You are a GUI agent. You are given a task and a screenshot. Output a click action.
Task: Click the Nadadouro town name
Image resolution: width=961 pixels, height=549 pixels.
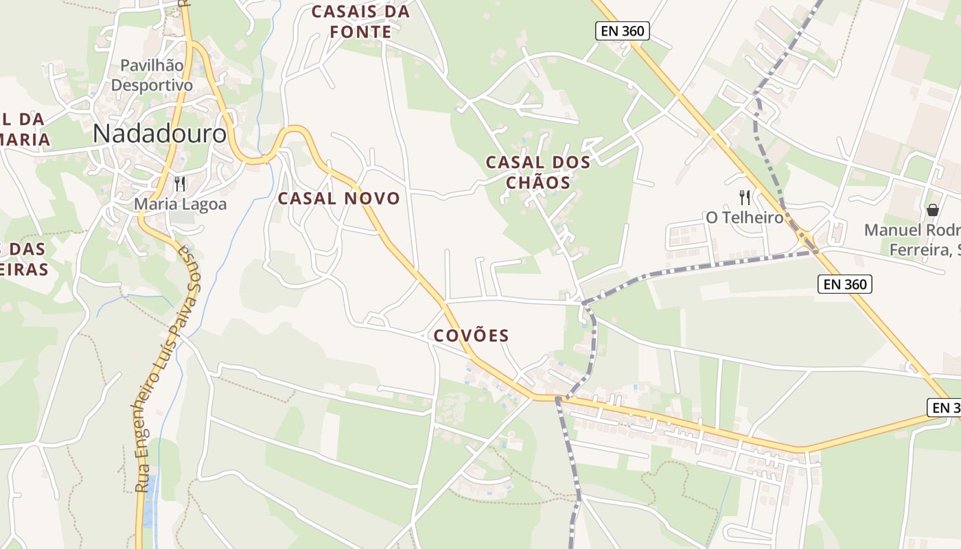point(159,133)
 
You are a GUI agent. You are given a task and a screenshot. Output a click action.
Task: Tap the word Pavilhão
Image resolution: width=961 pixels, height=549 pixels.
point(152,66)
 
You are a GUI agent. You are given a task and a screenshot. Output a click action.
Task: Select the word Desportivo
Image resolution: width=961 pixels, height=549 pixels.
point(152,85)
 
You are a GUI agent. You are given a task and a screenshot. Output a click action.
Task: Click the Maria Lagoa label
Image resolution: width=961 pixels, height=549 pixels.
point(180,204)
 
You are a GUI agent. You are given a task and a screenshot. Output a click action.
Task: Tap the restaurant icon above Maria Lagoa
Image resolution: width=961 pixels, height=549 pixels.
point(180,183)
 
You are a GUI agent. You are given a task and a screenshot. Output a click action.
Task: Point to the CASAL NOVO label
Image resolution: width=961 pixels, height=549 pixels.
point(338,199)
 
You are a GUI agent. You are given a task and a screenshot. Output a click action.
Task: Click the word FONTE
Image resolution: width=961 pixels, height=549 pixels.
point(360,32)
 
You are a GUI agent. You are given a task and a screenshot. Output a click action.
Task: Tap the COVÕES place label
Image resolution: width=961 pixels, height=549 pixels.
point(472,336)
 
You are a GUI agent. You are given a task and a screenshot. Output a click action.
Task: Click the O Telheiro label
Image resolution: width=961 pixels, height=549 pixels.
point(745,218)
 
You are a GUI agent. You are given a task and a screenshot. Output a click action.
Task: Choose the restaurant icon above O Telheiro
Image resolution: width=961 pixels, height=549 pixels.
point(745,198)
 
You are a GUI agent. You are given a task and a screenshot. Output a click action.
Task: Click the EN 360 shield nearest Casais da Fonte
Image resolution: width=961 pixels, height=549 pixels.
point(622,31)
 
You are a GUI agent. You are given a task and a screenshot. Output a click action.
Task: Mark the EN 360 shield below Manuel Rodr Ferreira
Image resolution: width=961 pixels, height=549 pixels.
point(845,284)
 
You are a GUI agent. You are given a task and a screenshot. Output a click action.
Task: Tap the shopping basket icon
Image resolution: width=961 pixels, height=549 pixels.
point(932,209)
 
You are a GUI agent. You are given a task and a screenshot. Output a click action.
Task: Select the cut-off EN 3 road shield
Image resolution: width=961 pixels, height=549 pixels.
point(945,408)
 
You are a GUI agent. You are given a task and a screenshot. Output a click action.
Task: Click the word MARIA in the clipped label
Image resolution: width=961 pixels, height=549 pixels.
point(25,140)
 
